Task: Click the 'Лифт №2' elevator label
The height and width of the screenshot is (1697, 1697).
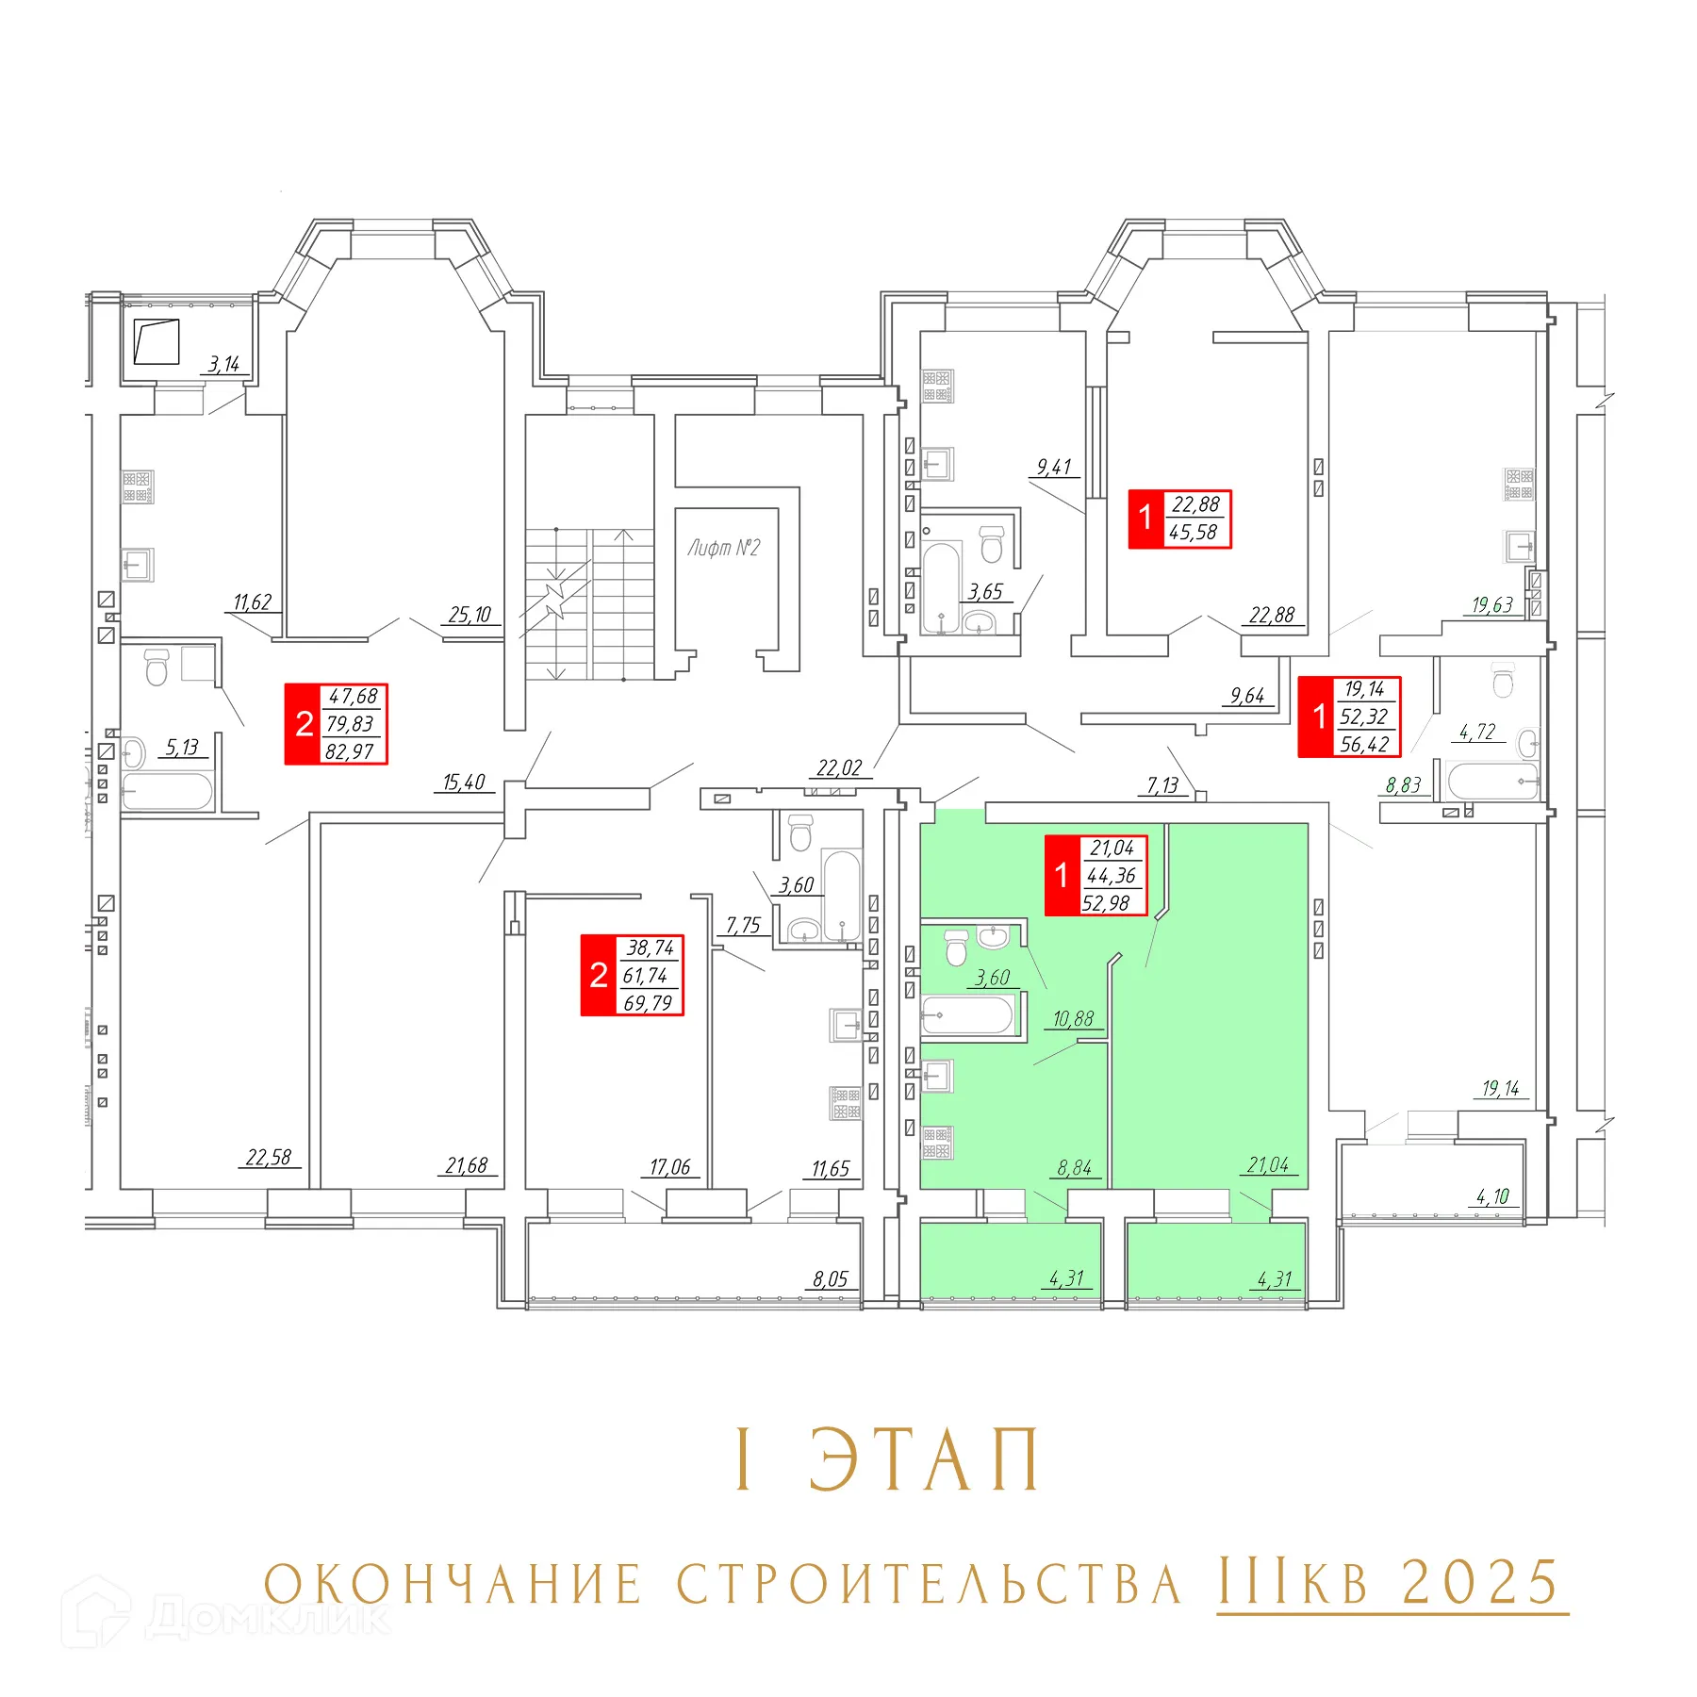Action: [723, 548]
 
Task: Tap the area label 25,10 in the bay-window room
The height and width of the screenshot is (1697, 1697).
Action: [470, 616]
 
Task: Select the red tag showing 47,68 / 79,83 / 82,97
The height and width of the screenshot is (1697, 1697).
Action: [337, 724]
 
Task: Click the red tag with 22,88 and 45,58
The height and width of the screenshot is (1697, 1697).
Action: [1179, 519]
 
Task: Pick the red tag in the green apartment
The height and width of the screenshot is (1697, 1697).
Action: [1096, 875]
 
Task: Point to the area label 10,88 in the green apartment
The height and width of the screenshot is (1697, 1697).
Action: [1073, 1019]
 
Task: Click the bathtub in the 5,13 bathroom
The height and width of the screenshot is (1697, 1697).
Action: [167, 792]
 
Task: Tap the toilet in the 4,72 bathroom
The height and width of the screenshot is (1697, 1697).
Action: [1503, 679]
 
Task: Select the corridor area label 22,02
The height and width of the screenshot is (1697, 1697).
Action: [839, 768]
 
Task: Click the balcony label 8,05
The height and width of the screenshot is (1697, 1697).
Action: [831, 1279]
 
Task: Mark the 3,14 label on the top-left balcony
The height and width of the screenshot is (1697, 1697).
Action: [224, 364]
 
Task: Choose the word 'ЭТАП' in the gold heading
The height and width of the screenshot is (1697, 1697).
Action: [925, 1460]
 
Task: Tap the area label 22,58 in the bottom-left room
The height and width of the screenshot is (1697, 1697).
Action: [269, 1157]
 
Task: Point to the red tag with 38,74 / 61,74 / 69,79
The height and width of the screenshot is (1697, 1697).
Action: [632, 975]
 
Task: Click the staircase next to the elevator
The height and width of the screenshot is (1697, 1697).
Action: [589, 603]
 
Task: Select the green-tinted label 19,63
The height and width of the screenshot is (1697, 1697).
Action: [1492, 605]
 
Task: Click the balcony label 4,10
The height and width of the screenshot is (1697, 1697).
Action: [1492, 1196]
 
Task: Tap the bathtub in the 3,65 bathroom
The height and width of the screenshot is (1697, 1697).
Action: [941, 586]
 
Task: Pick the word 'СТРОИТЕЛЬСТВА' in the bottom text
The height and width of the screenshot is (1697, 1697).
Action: [929, 1585]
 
